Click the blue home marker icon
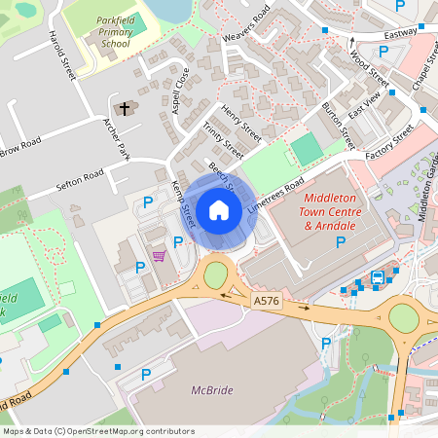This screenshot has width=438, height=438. pyautogui.click(x=218, y=210)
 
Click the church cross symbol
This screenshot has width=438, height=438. pyautogui.click(x=126, y=109)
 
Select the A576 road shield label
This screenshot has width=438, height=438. pyautogui.click(x=266, y=302)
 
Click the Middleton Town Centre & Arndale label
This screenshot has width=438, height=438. pyautogui.click(x=334, y=211)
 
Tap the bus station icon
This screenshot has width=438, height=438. pyautogui.click(x=378, y=278)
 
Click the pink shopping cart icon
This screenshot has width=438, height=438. pyautogui.click(x=159, y=256)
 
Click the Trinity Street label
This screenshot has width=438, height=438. pyautogui.click(x=223, y=140)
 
